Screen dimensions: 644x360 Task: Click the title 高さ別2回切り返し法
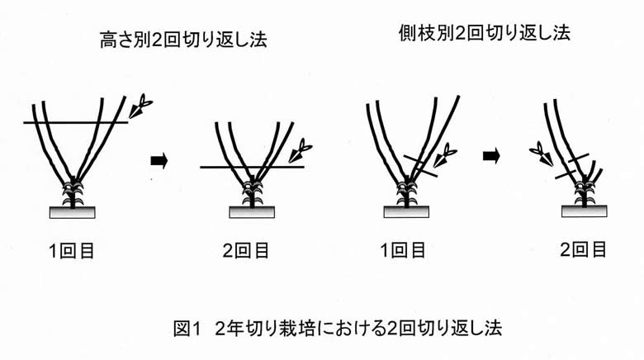[x=183, y=40]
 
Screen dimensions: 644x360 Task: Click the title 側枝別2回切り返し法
[x=485, y=32]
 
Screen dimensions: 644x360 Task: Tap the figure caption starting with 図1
[x=338, y=328]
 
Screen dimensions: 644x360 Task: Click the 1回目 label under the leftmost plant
[x=72, y=250]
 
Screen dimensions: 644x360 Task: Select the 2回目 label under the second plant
[x=246, y=250]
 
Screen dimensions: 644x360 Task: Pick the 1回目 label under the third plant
[x=403, y=250]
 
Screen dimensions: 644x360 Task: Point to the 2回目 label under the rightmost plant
[x=584, y=249]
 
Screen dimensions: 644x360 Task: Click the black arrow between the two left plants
[x=159, y=160]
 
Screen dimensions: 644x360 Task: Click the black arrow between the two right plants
[x=491, y=156]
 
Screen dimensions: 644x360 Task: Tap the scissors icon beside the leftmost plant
[x=140, y=106]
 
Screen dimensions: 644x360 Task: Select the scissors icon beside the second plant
[x=301, y=150]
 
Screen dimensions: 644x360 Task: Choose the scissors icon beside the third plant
[x=445, y=155]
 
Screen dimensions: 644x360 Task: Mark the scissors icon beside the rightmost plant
[x=542, y=153]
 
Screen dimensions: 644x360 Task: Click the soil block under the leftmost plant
[x=73, y=212]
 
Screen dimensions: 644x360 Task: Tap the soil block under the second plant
[x=252, y=212]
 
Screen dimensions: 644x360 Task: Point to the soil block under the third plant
[x=406, y=211]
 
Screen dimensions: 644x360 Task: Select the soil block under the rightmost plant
[x=585, y=211]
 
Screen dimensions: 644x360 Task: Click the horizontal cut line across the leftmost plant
[x=76, y=122]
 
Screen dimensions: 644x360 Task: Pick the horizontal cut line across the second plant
[x=252, y=167]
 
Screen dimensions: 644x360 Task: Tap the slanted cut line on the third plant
[x=420, y=166]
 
